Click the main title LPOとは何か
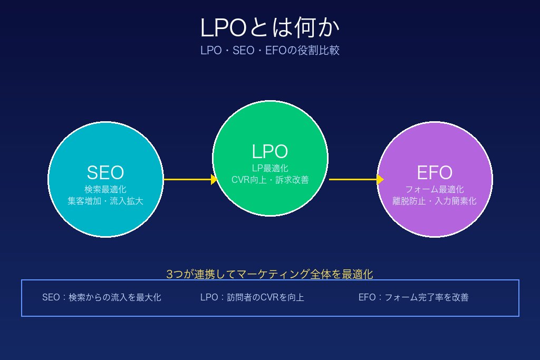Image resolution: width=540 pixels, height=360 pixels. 270,28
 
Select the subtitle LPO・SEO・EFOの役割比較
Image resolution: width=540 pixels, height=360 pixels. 270,51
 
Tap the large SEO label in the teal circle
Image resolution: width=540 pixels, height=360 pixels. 105,172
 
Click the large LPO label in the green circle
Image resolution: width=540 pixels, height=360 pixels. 270,152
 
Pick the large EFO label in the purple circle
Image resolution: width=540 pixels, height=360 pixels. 435,172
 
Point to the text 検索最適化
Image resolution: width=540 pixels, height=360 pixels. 105,189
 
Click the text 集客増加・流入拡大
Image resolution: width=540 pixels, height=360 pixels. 105,201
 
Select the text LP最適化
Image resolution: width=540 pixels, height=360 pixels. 270,168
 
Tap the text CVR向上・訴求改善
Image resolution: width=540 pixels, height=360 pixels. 270,180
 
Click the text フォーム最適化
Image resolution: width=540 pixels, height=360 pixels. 435,189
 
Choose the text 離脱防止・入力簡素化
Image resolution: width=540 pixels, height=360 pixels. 435,201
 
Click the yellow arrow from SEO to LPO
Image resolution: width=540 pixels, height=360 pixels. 187,179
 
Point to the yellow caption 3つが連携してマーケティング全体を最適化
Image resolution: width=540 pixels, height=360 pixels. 270,274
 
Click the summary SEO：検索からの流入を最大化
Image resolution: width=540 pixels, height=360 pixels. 102,297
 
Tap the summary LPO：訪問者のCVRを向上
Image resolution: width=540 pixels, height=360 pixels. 252,297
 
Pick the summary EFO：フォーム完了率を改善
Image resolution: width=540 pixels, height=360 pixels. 413,297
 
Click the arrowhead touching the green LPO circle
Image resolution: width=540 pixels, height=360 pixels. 214,179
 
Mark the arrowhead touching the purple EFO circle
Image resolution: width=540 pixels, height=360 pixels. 380,179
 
